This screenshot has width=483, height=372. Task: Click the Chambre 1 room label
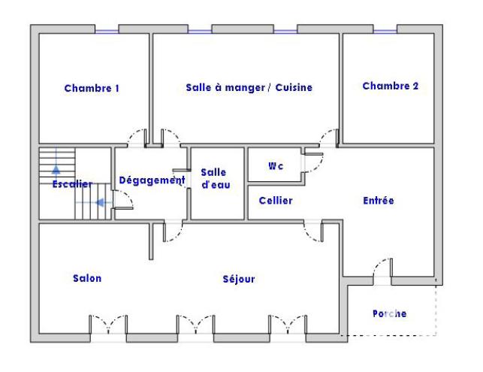[92, 88]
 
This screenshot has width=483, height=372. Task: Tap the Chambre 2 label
[390, 86]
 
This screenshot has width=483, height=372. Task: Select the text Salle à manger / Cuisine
[249, 87]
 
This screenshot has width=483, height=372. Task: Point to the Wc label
[276, 165]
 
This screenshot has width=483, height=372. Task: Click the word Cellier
[276, 201]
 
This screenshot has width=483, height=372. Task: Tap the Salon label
[87, 278]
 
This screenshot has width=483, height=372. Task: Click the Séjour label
[239, 279]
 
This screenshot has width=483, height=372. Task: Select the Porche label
[389, 313]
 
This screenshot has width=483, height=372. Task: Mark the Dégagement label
[152, 180]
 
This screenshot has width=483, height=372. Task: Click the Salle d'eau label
[213, 179]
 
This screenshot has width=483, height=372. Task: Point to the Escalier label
[72, 184]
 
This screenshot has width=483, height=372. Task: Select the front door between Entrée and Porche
[382, 271]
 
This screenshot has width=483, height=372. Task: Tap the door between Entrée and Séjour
[313, 231]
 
